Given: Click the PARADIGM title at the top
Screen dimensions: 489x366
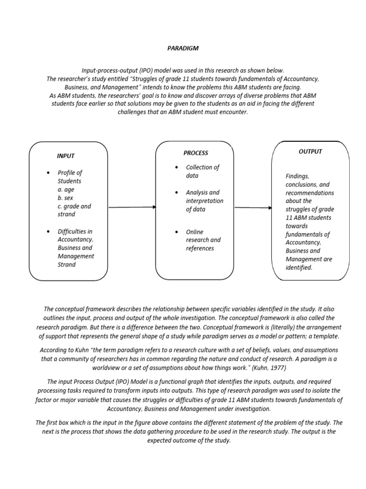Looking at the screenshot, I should (x=183, y=48).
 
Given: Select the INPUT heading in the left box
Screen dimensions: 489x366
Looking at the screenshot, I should (x=66, y=156).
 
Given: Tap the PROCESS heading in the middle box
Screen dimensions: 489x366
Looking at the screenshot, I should (x=195, y=153).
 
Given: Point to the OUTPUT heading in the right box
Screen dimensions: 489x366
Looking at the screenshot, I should (x=310, y=151).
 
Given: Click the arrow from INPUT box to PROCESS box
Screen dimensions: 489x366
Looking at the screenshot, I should (x=132, y=207).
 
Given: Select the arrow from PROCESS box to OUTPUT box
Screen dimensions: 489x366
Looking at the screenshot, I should (x=253, y=207).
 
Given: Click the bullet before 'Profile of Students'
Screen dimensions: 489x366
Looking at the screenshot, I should (x=48, y=173).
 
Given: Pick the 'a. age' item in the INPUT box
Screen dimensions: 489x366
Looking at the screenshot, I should (x=66, y=190).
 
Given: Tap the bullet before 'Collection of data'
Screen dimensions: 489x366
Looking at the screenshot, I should (x=176, y=168).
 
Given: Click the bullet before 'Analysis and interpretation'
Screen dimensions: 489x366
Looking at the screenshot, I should (x=176, y=193).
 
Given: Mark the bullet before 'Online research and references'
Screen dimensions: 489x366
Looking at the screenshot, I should (x=176, y=232).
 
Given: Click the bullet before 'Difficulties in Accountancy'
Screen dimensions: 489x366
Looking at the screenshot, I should (x=48, y=232).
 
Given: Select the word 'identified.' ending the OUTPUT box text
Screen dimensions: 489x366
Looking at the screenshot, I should (x=299, y=268).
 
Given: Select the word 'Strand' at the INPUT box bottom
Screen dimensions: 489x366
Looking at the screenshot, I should (x=66, y=265).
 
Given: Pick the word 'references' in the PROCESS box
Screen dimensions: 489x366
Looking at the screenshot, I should (x=200, y=248).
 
